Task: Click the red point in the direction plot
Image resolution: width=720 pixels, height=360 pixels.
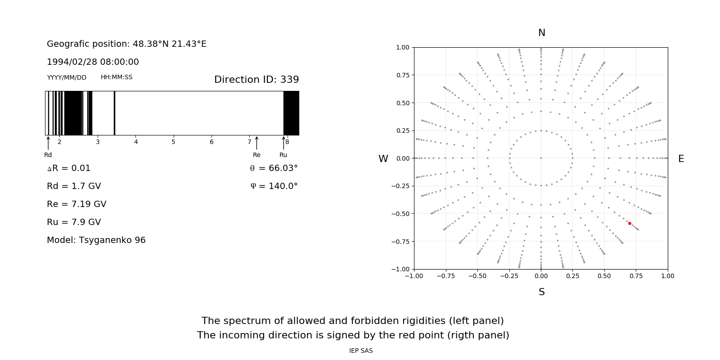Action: [630, 223]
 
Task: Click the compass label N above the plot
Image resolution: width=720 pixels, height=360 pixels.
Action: [542, 33]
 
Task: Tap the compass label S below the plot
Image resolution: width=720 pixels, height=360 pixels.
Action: [542, 292]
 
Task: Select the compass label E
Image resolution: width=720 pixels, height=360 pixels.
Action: [681, 159]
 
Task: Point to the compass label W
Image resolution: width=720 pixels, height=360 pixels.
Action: [383, 159]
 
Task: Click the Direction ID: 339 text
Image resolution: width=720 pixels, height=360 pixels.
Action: [256, 80]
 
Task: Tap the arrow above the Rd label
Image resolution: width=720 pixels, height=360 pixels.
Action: [48, 143]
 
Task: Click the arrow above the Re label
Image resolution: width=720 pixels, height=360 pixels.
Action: [256, 143]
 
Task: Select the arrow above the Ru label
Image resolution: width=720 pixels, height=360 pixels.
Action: [283, 143]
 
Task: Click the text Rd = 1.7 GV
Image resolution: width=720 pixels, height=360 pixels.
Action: [74, 186]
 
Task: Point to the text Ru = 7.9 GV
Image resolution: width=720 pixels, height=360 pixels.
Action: [74, 222]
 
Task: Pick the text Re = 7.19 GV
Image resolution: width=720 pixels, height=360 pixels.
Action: [76, 204]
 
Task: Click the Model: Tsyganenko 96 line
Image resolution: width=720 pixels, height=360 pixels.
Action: [96, 240]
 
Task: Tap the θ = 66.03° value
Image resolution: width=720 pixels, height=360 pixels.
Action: [274, 168]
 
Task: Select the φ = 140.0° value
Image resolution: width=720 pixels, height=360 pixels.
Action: [274, 186]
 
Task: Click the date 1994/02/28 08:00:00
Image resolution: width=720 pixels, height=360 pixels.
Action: [93, 62]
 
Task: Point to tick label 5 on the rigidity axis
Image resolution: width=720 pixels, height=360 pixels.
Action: [173, 142]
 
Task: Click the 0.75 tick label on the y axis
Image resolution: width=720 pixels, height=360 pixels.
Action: [403, 75]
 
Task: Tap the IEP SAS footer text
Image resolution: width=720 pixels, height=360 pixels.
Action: [361, 351]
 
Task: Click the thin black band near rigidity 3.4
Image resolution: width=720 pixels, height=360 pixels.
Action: [114, 113]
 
